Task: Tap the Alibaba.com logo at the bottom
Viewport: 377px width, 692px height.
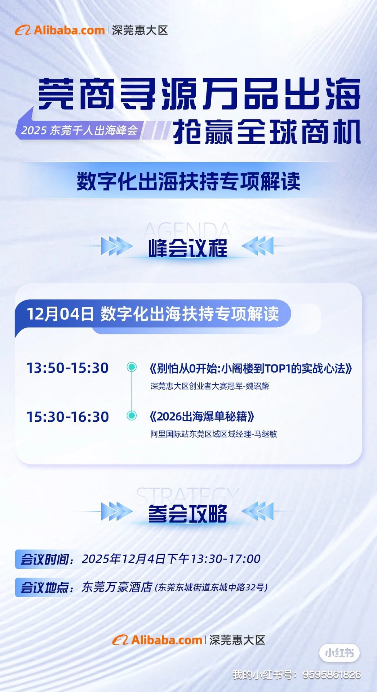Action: click(158, 640)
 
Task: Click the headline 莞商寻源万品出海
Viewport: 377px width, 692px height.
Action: click(199, 94)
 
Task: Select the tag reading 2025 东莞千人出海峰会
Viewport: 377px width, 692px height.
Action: click(79, 130)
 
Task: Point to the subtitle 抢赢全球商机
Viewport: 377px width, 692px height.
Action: click(267, 132)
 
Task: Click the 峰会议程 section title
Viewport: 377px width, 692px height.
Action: click(188, 248)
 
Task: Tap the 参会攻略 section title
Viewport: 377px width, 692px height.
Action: click(188, 513)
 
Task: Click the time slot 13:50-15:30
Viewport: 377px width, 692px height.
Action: click(68, 368)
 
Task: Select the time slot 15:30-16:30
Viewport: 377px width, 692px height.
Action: click(68, 417)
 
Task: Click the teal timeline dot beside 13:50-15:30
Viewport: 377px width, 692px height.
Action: click(132, 367)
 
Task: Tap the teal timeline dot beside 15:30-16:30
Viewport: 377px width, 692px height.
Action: click(132, 416)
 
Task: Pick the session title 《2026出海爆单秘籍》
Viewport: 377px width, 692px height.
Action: click(202, 417)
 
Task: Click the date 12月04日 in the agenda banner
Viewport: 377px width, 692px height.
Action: click(60, 314)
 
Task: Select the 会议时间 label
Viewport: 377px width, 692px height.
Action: click(45, 559)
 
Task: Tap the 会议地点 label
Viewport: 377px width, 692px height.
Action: click(45, 587)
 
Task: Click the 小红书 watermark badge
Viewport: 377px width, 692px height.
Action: click(339, 653)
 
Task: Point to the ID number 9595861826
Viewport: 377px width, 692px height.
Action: click(332, 674)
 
